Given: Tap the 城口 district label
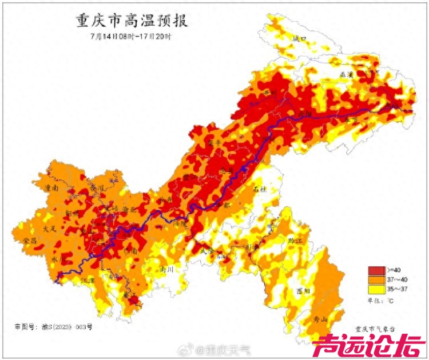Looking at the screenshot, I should (300, 38).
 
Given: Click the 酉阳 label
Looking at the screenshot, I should (303, 290).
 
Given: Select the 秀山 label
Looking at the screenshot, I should (314, 319).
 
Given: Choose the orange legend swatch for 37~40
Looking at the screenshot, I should (376, 279).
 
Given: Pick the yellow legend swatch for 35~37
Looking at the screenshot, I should (376, 289).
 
